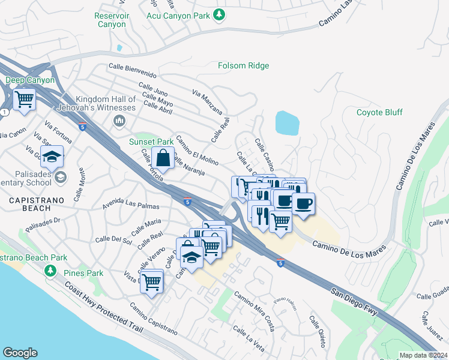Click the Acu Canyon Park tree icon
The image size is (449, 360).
point(220,14)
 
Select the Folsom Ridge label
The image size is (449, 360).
point(243,65)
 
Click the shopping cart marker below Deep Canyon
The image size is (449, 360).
point(25,99)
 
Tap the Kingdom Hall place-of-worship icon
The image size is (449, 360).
point(119,122)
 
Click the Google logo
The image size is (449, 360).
point(20,353)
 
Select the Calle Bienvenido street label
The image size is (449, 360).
point(132,71)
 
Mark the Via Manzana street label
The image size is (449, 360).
point(208,103)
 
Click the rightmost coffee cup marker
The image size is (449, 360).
point(303,203)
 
